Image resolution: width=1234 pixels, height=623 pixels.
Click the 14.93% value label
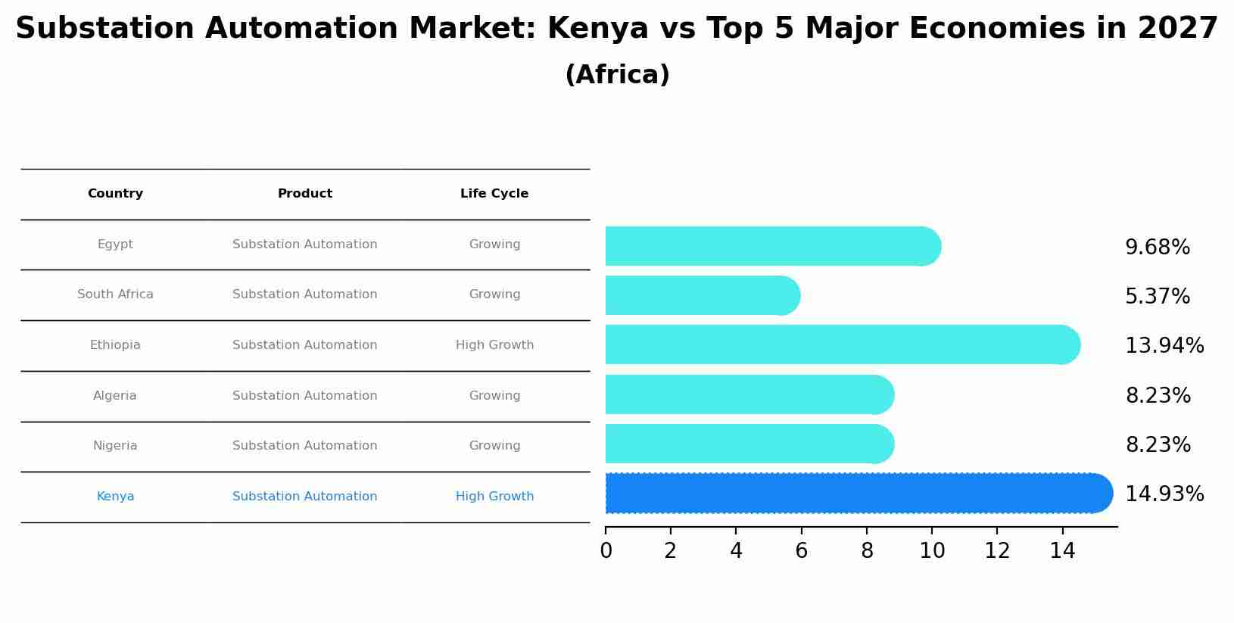pyautogui.click(x=1164, y=494)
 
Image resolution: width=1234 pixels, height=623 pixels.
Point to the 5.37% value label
pyautogui.click(x=1157, y=297)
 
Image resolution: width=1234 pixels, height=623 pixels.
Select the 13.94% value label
pyautogui.click(x=1164, y=346)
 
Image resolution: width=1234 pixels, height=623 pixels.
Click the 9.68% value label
pyautogui.click(x=1157, y=248)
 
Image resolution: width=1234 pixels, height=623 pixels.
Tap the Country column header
pyautogui.click(x=115, y=194)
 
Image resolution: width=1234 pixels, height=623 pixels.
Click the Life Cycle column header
pyautogui.click(x=494, y=194)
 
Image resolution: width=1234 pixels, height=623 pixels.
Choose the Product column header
pyautogui.click(x=304, y=194)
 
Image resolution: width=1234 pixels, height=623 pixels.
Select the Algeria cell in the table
pyautogui.click(x=115, y=396)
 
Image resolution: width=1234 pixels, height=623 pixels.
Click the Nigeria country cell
pyautogui.click(x=115, y=446)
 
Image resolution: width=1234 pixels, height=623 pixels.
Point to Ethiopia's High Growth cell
pyautogui.click(x=494, y=345)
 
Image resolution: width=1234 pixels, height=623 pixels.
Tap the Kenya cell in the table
pyautogui.click(x=115, y=497)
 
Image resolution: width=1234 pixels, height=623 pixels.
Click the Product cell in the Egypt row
pyautogui.click(x=304, y=245)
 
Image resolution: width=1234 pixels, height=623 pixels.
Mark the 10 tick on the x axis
pyautogui.click(x=932, y=551)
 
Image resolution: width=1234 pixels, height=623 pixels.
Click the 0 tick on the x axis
pyautogui.click(x=606, y=551)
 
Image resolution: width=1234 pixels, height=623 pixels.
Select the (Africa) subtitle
pyautogui.click(x=617, y=75)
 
